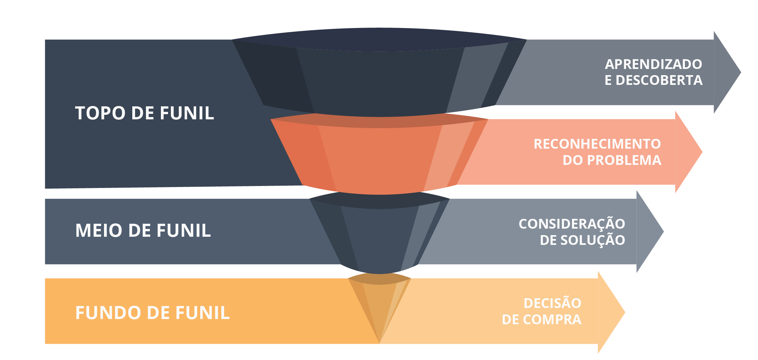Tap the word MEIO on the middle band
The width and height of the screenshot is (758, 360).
[98, 231]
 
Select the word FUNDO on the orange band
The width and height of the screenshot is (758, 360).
[108, 313]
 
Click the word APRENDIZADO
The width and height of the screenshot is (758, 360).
[653, 64]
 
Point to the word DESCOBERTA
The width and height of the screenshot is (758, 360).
[659, 80]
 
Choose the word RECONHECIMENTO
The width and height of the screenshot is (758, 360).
[597, 144]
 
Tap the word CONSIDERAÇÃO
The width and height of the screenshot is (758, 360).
[572, 224]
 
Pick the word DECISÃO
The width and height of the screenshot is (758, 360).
[553, 303]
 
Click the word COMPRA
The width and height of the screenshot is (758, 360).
[552, 320]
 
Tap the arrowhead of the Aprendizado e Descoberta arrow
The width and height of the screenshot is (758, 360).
[727, 72]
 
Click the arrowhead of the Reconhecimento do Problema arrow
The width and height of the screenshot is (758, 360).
[688, 152]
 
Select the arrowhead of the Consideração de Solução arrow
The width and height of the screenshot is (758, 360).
[650, 232]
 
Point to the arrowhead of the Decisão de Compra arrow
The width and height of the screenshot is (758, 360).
[611, 313]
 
